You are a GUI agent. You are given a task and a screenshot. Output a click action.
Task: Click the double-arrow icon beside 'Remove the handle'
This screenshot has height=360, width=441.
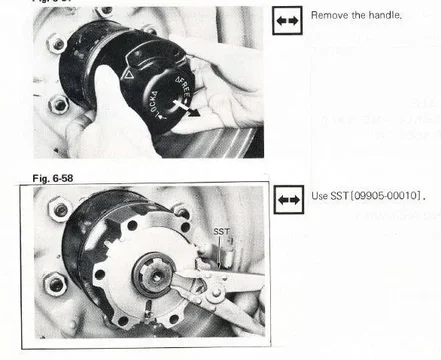tap(288, 19)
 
